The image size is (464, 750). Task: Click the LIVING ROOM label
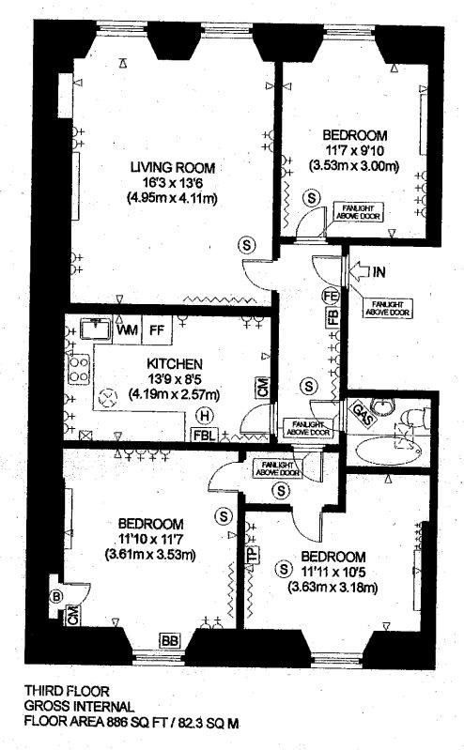tap(173, 167)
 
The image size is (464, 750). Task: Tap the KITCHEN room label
tap(175, 363)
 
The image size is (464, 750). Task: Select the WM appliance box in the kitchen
tap(127, 330)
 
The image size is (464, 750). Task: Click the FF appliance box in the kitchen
tap(157, 330)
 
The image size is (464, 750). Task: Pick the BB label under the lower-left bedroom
tap(170, 639)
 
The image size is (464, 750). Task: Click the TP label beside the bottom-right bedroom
tap(252, 555)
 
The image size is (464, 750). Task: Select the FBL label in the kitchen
tap(206, 435)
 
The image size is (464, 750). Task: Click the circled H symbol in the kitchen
tap(206, 416)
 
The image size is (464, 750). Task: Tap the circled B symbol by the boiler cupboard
tap(57, 596)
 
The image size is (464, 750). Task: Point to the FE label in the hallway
tap(332, 296)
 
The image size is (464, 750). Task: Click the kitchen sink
tap(95, 329)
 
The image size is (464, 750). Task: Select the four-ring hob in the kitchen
tap(79, 368)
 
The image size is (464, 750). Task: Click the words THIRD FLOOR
tap(67, 691)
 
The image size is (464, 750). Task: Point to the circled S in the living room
tap(247, 245)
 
